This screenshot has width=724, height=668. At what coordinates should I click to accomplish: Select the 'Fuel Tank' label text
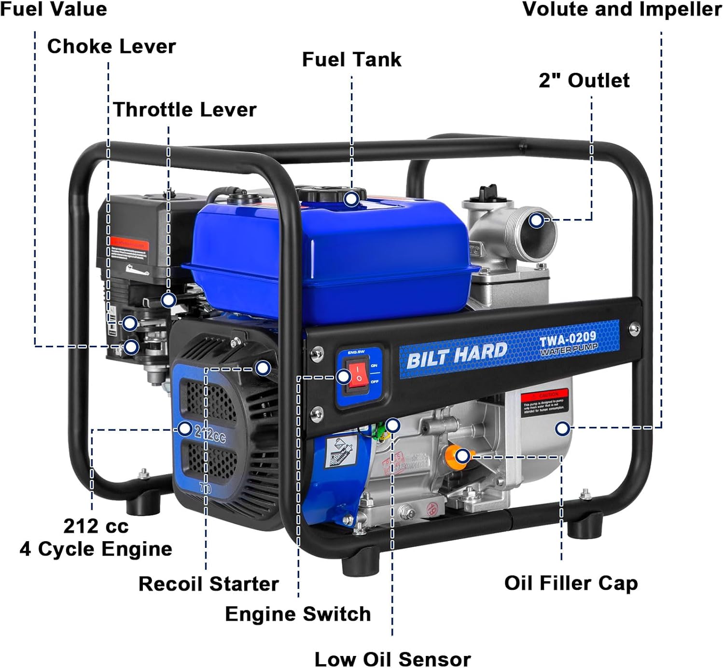[351, 59]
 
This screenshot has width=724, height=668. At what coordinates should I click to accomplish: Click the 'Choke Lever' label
[111, 46]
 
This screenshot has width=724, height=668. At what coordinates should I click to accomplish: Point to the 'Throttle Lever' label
[184, 109]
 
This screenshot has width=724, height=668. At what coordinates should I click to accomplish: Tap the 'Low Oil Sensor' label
[392, 658]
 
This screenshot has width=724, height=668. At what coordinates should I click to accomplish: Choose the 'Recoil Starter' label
[209, 584]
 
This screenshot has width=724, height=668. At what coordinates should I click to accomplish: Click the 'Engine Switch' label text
[298, 613]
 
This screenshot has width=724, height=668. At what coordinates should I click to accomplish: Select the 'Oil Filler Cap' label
[571, 583]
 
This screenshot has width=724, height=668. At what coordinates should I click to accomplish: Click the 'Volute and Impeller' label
[622, 9]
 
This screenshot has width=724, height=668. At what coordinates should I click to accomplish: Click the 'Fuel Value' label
[54, 9]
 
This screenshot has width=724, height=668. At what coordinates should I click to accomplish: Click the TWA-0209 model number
[568, 339]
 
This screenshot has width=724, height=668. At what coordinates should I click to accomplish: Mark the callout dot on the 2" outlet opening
[536, 220]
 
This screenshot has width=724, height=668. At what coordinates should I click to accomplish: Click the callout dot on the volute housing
[562, 428]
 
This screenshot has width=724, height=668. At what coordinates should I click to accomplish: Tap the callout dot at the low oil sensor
[393, 425]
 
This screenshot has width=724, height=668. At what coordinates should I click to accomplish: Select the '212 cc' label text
[96, 526]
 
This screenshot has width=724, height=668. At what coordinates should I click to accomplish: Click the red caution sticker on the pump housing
[544, 402]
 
